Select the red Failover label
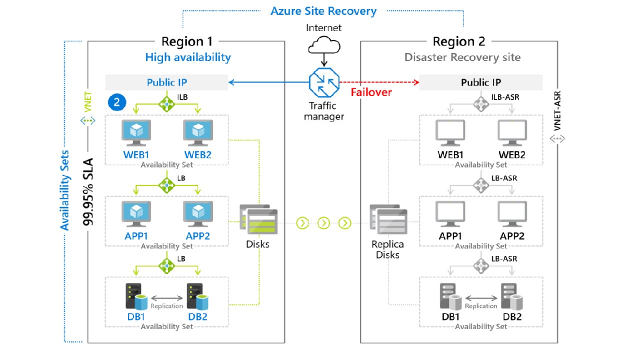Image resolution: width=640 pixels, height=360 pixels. click(x=371, y=92)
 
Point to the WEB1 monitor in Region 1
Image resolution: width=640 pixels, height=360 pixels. click(x=136, y=132)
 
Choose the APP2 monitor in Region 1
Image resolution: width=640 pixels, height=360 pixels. click(x=197, y=214)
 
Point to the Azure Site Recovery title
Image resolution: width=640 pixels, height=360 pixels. click(x=323, y=11)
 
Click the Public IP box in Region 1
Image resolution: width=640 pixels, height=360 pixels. click(x=166, y=82)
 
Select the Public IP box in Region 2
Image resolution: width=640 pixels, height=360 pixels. click(x=480, y=82)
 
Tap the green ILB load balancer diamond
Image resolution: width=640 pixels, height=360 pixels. click(x=166, y=103)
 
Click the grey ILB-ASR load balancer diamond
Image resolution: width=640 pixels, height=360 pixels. click(x=481, y=103)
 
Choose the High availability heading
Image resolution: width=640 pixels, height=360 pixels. click(x=188, y=57)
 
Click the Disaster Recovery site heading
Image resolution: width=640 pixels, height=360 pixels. click(x=462, y=57)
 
